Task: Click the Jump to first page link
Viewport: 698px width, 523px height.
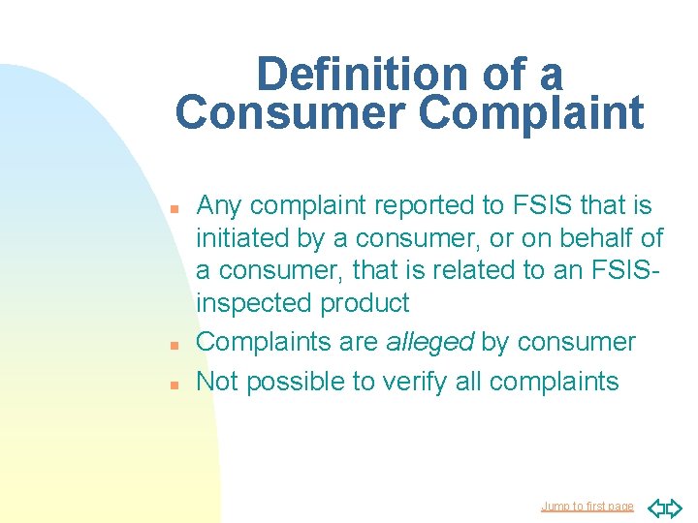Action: coord(587,507)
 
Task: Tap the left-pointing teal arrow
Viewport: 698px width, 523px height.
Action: coord(654,507)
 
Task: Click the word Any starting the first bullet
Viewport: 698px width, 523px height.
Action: coord(220,205)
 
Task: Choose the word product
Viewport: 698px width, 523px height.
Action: coord(365,303)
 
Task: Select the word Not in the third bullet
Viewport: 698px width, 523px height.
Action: coord(218,382)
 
